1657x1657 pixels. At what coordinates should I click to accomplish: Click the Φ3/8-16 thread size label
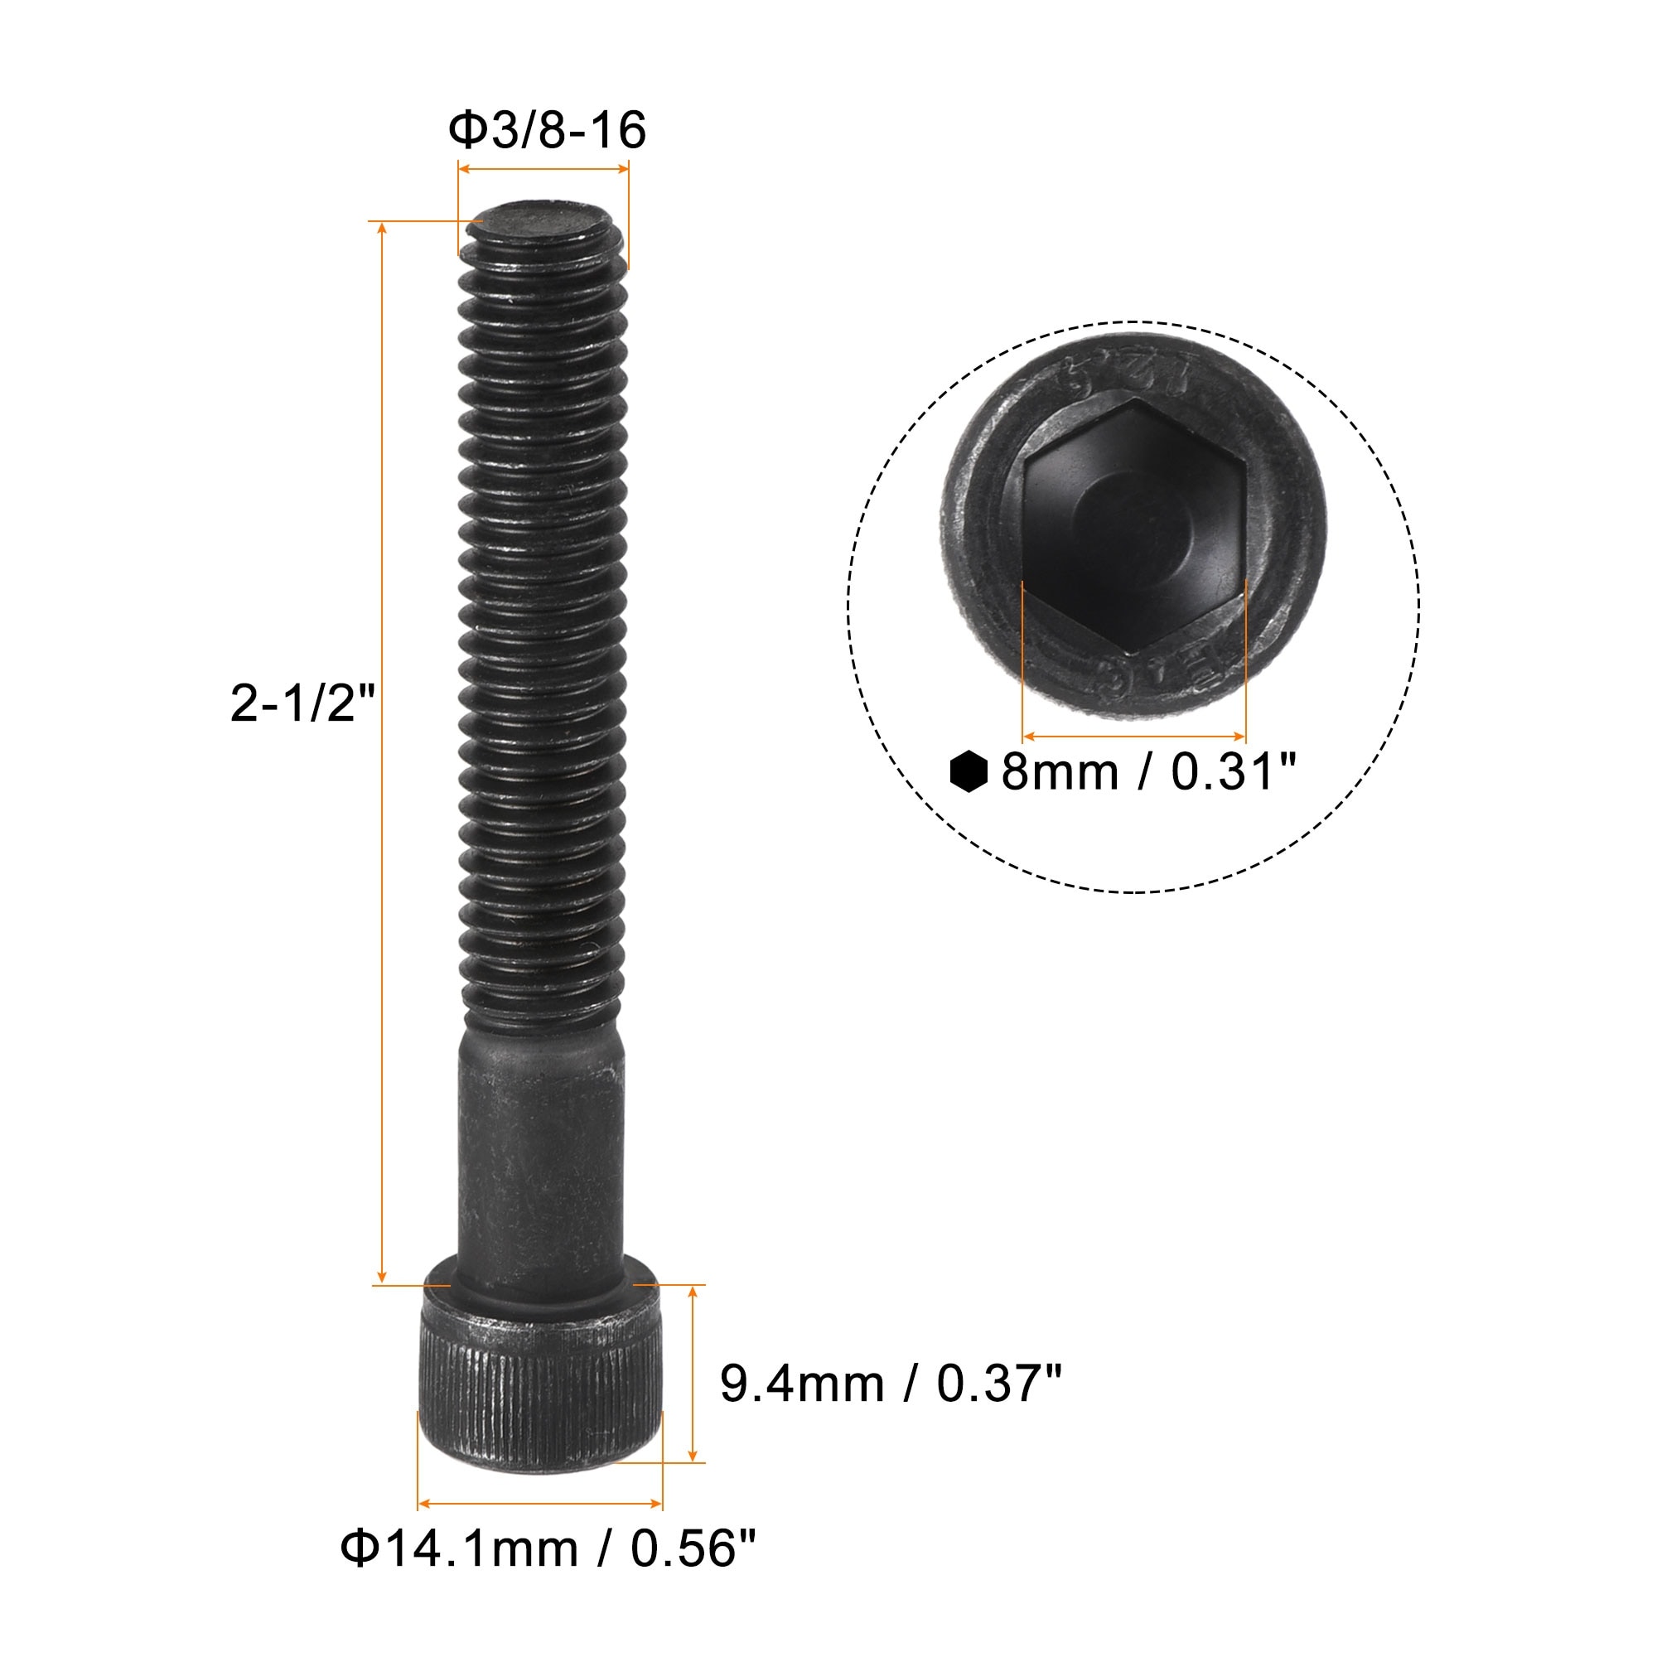(x=547, y=130)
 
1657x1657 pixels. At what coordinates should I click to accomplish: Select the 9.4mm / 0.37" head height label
(x=891, y=1384)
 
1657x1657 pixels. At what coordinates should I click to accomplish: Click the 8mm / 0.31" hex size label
(x=1147, y=771)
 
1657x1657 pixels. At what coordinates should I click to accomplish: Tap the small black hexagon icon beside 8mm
(x=970, y=772)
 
